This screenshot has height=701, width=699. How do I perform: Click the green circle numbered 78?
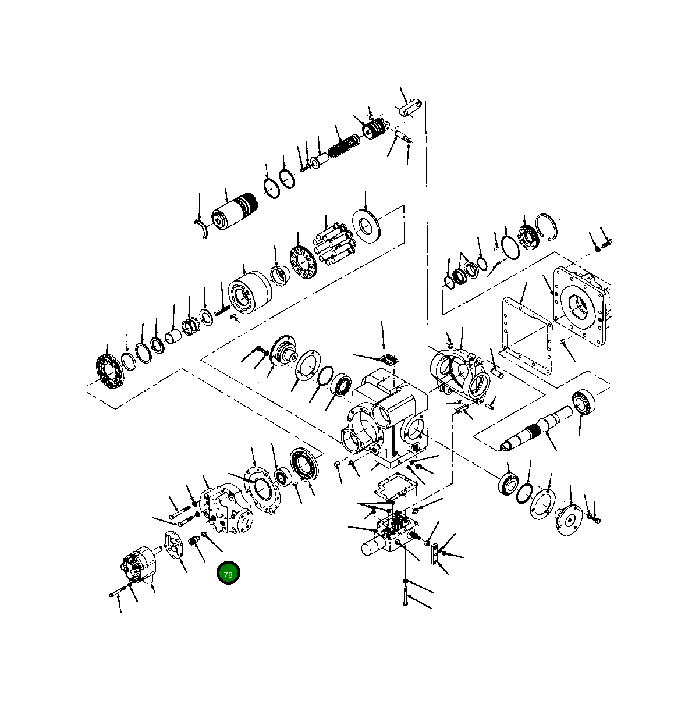[x=228, y=574]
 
